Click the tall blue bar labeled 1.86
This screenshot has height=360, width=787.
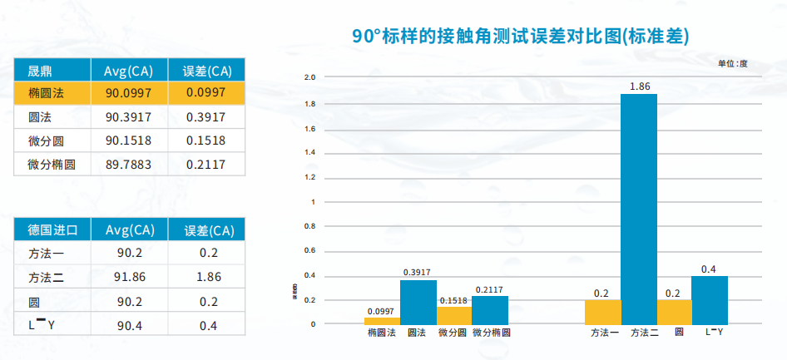pos(638,208)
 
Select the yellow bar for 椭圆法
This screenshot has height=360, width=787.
pos(382,320)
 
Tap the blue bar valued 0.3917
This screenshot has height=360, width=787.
pos(418,301)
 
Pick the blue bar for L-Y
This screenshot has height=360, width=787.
pos(710,299)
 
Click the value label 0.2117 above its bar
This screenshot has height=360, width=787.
pos(490,289)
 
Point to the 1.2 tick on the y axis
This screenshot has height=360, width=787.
pos(311,177)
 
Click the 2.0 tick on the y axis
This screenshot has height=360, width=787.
pos(311,77)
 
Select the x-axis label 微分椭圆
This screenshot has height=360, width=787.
pos(491,333)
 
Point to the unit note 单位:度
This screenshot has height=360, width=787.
pos(733,63)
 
